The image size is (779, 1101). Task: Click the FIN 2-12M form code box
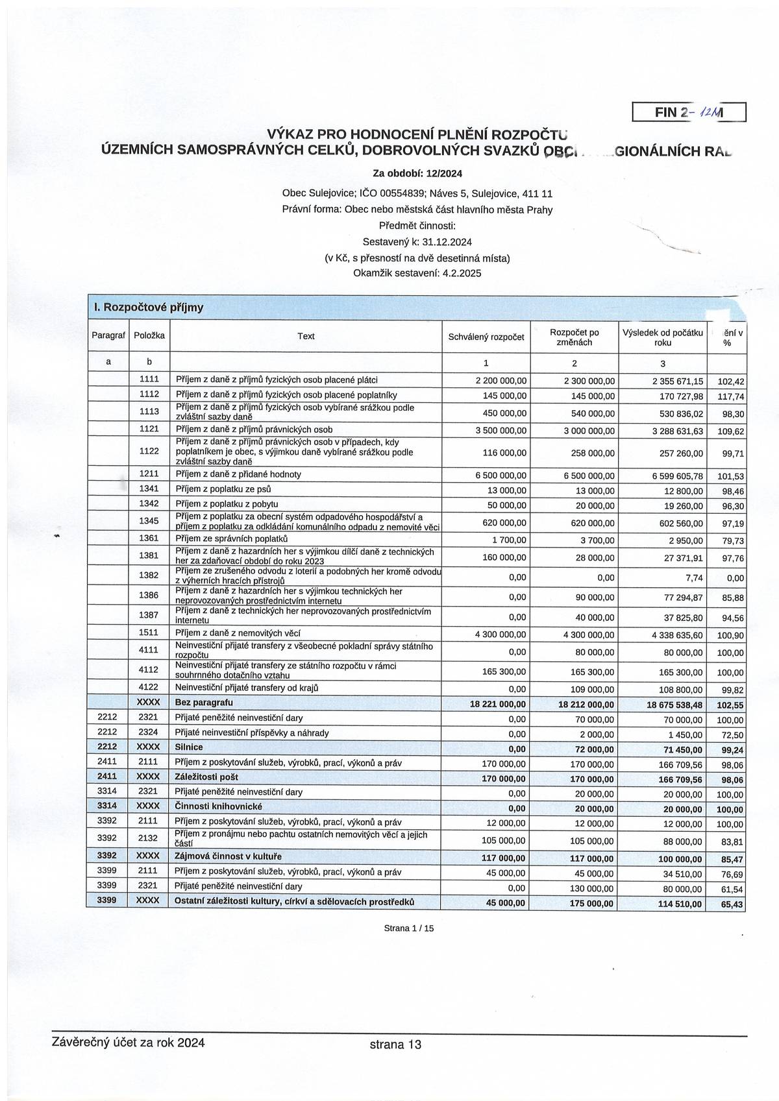pyautogui.click(x=689, y=112)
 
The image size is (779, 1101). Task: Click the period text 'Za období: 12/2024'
pyautogui.click(x=417, y=173)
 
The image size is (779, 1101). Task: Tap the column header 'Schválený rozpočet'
pyautogui.click(x=486, y=337)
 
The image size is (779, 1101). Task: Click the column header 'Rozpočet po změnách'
pyautogui.click(x=574, y=337)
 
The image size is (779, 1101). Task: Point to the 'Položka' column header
pyautogui.click(x=149, y=335)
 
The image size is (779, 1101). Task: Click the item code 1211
pyautogui.click(x=149, y=474)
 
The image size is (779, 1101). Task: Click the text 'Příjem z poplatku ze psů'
pyautogui.click(x=223, y=489)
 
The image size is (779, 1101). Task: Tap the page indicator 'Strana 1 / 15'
pyautogui.click(x=408, y=928)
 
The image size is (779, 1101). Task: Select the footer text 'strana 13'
pyautogui.click(x=395, y=1045)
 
